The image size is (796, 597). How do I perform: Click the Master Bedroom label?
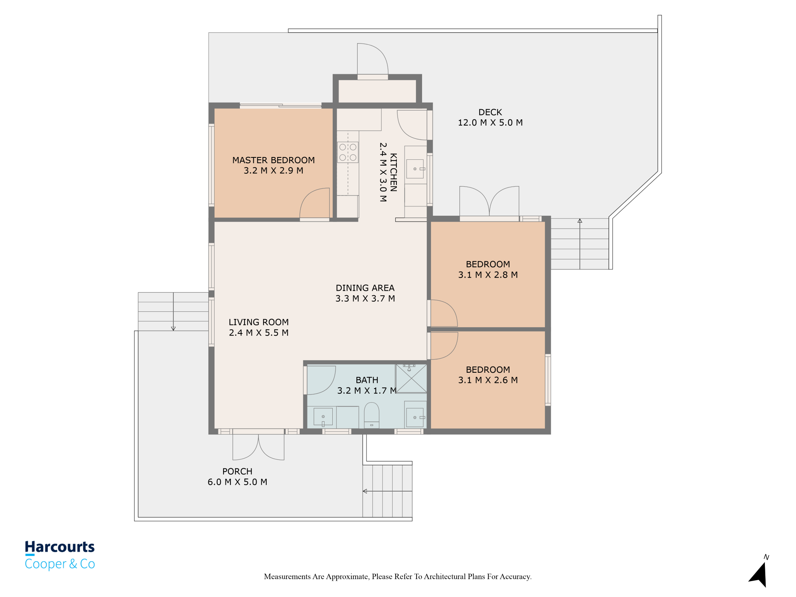click(273, 160)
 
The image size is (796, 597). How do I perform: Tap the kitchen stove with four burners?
click(348, 152)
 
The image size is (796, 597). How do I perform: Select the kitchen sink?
click(415, 169)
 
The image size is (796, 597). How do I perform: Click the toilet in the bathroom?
click(372, 415)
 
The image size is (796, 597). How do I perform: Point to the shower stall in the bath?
click(411, 379)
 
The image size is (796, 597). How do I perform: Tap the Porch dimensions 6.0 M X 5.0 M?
click(237, 482)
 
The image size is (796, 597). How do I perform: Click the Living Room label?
click(258, 322)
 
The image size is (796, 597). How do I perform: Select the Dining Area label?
click(365, 288)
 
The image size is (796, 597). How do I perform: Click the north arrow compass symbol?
click(759, 573)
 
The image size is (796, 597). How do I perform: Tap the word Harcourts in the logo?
click(60, 547)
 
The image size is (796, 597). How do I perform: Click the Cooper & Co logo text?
click(60, 564)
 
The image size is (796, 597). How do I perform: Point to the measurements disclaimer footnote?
click(398, 576)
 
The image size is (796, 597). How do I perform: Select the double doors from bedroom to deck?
click(489, 202)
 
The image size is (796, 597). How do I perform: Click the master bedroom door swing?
click(315, 204)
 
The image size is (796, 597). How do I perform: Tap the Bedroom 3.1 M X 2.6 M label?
click(488, 375)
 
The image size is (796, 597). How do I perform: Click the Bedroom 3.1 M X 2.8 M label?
click(488, 269)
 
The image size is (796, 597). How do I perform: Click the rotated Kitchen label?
click(393, 172)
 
